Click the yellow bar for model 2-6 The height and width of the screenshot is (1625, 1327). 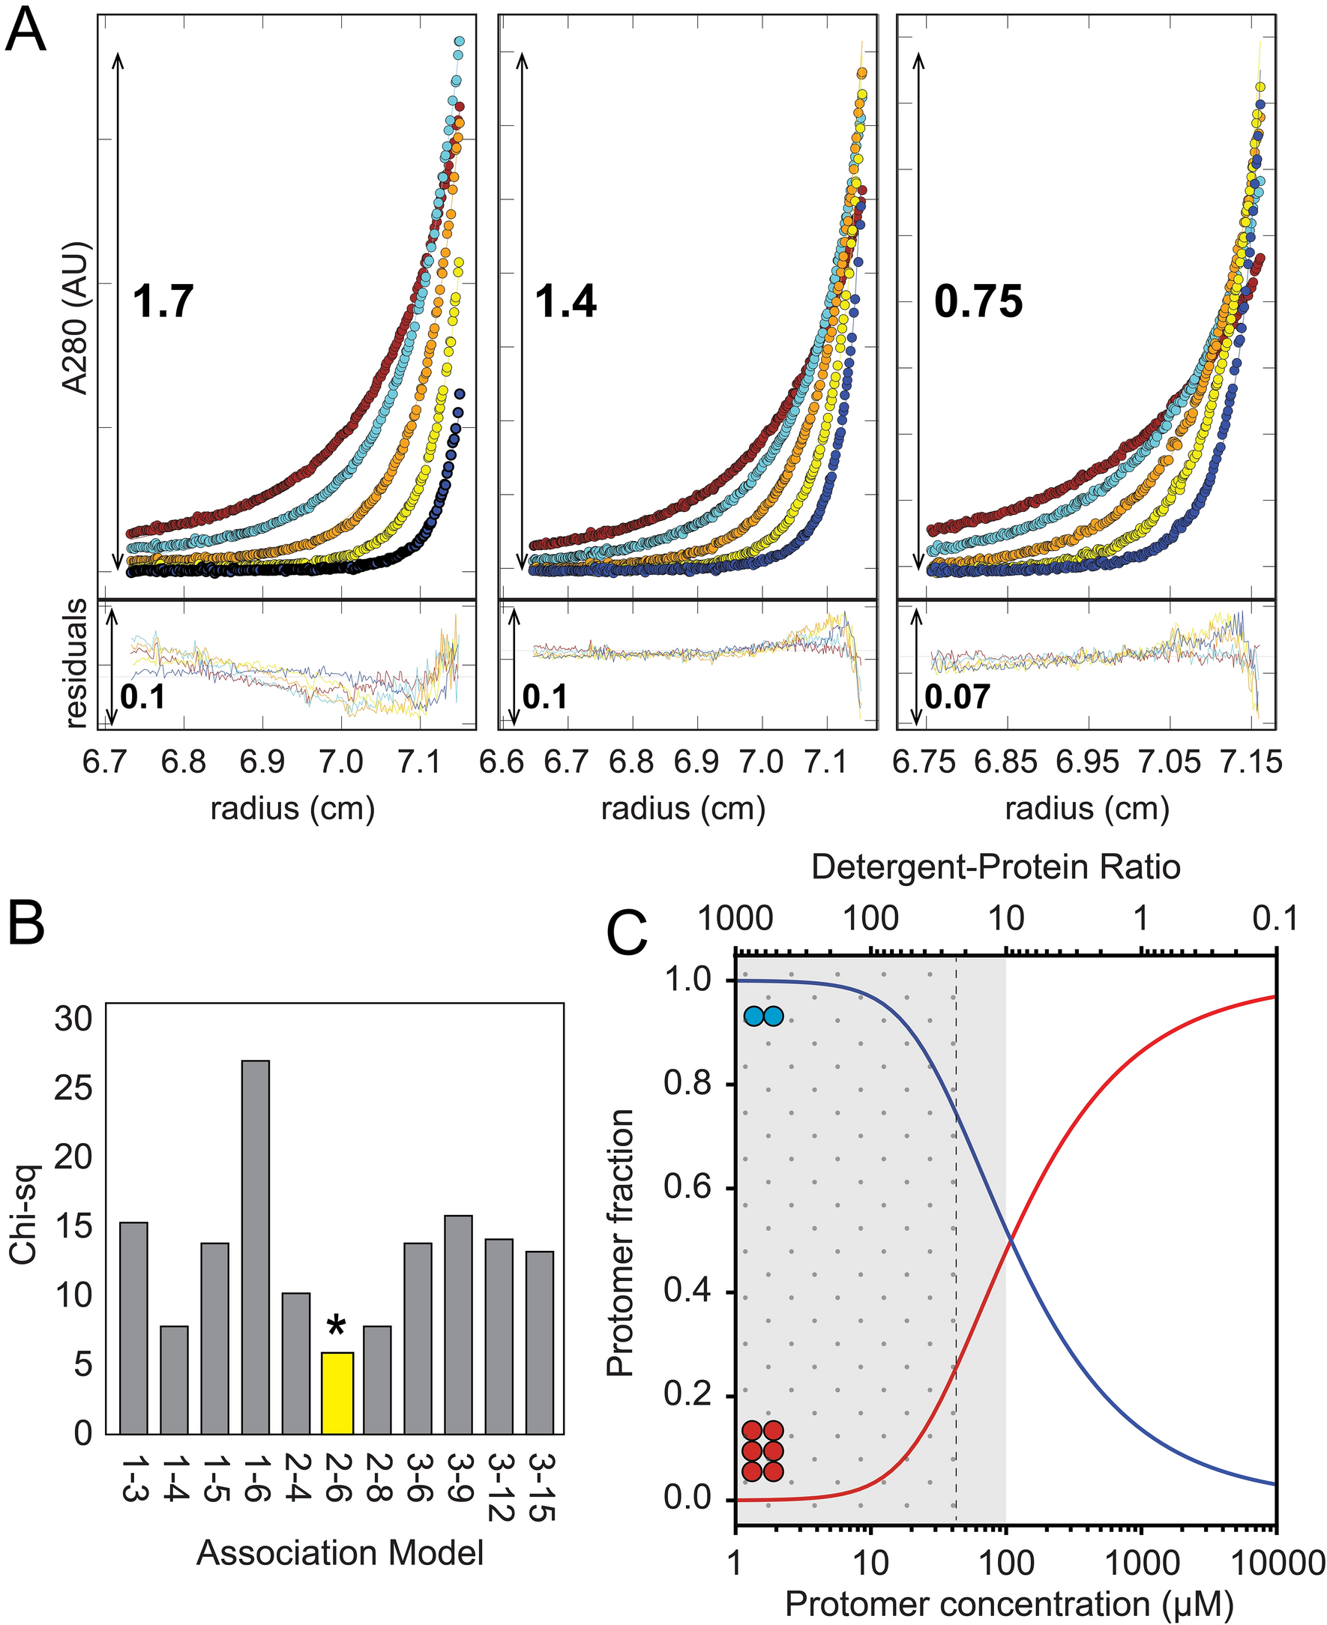(337, 1393)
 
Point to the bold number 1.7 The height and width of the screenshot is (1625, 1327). (163, 301)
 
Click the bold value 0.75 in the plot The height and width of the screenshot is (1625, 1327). (978, 302)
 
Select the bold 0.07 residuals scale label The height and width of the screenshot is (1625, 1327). (957, 697)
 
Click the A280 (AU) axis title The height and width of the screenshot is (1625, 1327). (76, 319)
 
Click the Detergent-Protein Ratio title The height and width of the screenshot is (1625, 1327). (996, 866)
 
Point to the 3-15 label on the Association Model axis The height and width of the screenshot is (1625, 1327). (540, 1486)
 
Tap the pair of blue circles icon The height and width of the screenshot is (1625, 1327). (764, 1016)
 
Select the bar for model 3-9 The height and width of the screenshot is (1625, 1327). (459, 1324)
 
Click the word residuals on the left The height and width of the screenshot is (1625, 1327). (76, 663)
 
